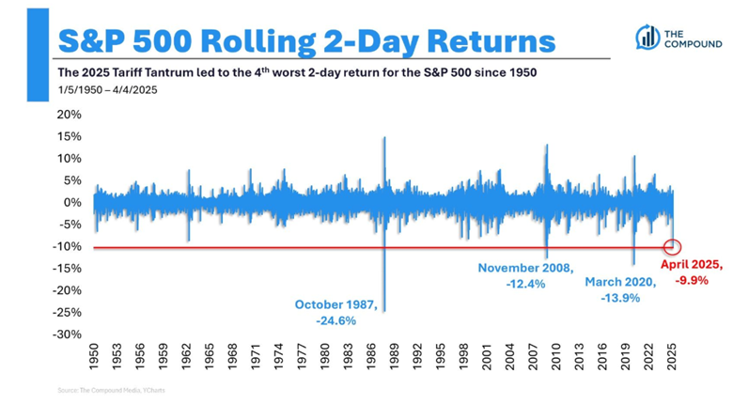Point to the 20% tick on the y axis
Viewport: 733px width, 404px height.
point(70,115)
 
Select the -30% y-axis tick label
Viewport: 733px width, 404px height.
point(69,334)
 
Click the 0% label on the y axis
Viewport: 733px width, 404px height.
point(75,203)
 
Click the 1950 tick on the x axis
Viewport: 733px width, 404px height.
point(93,359)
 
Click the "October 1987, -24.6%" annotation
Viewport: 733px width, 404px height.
point(336,312)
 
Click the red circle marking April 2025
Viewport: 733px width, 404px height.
point(671,247)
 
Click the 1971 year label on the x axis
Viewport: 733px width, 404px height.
point(255,359)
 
